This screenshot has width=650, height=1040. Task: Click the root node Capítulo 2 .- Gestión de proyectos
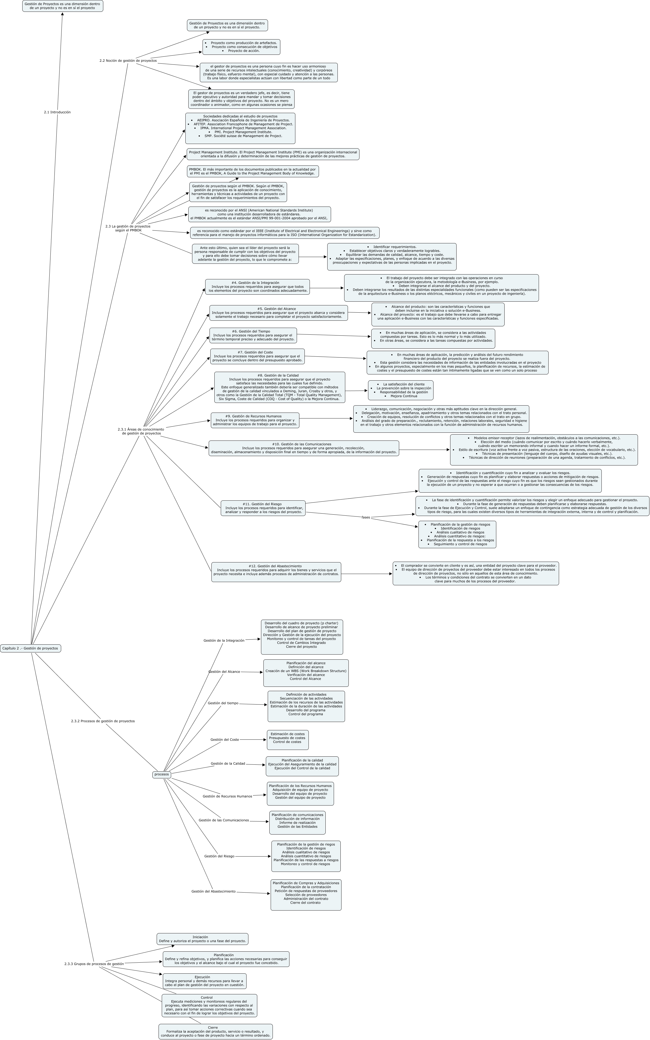coord(30,648)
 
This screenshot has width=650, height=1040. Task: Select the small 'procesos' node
coord(162,775)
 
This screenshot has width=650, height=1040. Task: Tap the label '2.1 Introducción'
coord(57,112)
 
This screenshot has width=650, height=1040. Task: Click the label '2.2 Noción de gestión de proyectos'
coord(128,61)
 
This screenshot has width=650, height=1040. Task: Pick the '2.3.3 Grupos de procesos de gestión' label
coord(94,964)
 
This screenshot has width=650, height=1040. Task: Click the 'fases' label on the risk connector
coord(365,517)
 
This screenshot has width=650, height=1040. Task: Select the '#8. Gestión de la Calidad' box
coord(280,387)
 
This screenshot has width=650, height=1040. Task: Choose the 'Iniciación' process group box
coord(202,939)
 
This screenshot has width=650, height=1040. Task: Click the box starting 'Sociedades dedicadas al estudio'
coord(240,128)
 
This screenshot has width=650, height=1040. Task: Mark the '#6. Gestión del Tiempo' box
coord(253,335)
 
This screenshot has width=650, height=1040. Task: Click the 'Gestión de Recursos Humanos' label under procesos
coord(227,796)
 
